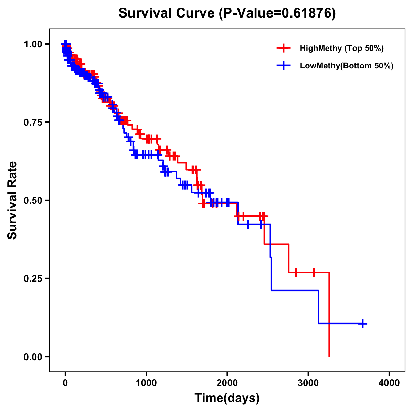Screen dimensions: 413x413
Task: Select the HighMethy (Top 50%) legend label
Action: tap(342, 48)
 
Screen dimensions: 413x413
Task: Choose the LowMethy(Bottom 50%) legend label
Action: tap(347, 66)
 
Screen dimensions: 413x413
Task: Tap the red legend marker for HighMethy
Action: tap(284, 48)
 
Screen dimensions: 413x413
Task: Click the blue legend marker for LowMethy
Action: tap(284, 66)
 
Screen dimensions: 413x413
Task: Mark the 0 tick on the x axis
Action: tap(65, 383)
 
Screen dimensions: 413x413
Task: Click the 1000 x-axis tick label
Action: tap(146, 383)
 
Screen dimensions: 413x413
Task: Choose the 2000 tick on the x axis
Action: tap(227, 383)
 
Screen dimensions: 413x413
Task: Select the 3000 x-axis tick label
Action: tap(308, 383)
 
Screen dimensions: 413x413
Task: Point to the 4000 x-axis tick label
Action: tap(389, 383)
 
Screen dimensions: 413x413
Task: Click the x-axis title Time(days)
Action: tap(227, 398)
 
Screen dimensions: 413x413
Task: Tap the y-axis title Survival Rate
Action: tap(12, 200)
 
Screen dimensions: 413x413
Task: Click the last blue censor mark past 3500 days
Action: tap(363, 324)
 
